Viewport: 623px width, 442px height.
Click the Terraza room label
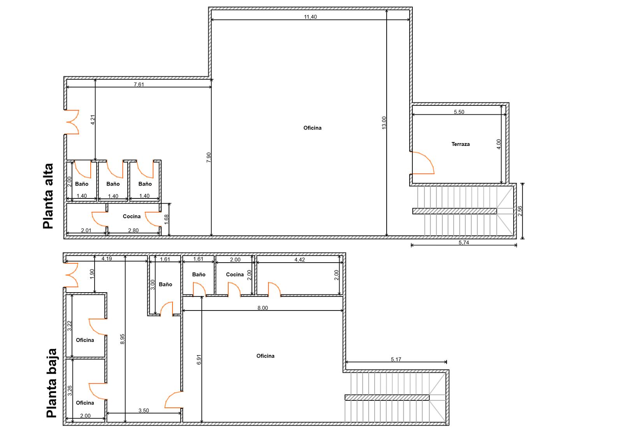(x=461, y=144)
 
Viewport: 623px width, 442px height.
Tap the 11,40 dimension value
(x=310, y=17)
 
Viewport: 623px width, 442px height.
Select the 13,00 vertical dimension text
(x=384, y=123)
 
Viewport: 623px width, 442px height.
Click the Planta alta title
(x=48, y=196)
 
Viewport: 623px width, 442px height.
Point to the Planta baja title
(x=51, y=383)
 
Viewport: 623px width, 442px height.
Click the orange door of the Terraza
(x=423, y=163)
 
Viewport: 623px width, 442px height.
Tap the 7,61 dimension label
(x=139, y=84)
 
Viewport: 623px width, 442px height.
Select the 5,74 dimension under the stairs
(x=464, y=242)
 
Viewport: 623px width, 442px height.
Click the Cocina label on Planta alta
(x=132, y=216)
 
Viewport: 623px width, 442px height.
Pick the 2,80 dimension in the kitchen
(x=133, y=230)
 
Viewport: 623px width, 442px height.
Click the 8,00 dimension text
(x=262, y=308)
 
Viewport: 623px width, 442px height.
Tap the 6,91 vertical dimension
(x=199, y=360)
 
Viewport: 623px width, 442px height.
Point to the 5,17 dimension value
(x=396, y=359)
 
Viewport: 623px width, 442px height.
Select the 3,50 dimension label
(x=144, y=410)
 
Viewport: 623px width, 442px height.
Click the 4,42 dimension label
(x=299, y=260)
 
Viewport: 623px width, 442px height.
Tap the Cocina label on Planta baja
(x=235, y=274)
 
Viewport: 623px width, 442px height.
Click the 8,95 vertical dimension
(x=122, y=339)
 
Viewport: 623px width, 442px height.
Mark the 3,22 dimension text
(x=70, y=326)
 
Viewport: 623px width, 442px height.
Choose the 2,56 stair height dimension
(x=520, y=211)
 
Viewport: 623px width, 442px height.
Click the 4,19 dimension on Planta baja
(x=107, y=258)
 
